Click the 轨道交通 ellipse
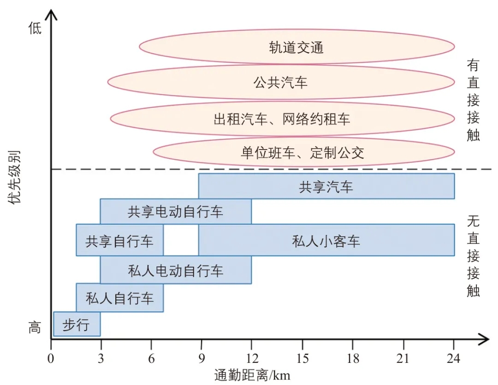tap(296, 47)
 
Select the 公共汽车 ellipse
tap(281, 83)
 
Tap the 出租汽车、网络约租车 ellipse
tap(282, 119)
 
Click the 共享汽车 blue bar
tap(326, 186)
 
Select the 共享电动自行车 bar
tap(176, 212)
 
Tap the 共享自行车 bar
tap(119, 240)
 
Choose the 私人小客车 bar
tap(326, 240)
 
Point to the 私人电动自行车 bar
tap(176, 270)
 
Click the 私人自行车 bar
tap(119, 298)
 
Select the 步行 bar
tap(76, 325)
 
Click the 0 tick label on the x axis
tap(51, 358)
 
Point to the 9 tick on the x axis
tap(201, 358)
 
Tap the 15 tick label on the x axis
tap(302, 358)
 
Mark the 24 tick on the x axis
tap(454, 358)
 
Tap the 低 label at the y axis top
tap(35, 29)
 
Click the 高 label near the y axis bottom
tap(35, 328)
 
